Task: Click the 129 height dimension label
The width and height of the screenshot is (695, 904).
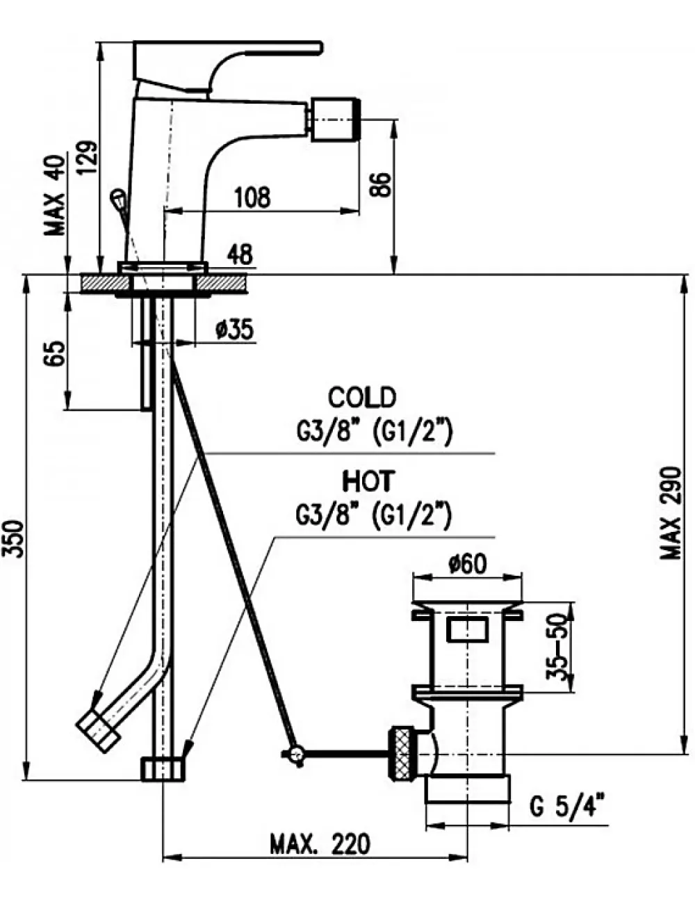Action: [x=88, y=158]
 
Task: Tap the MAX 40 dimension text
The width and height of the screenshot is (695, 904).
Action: [x=56, y=195]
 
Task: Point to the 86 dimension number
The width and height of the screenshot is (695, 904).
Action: [x=380, y=184]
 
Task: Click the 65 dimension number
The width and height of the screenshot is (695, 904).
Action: [x=55, y=353]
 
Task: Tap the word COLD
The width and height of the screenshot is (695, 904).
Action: [x=361, y=397]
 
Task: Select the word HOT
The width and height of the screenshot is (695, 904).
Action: [x=367, y=481]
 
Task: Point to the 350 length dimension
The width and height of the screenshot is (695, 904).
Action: [x=15, y=538]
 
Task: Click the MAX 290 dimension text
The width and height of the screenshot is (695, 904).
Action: [x=671, y=513]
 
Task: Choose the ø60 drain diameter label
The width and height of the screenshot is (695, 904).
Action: [x=467, y=564]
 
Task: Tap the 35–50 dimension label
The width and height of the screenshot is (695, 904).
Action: [x=557, y=647]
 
